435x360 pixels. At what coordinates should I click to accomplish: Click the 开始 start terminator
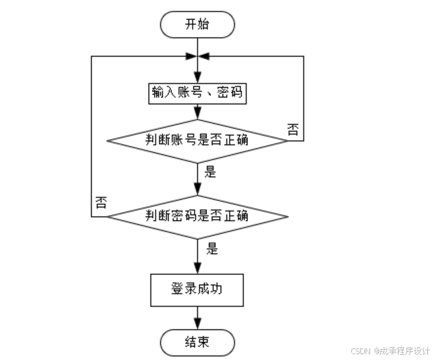point(197,25)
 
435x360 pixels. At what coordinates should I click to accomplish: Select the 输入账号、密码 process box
point(197,93)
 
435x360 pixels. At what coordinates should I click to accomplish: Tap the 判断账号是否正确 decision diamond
point(197,139)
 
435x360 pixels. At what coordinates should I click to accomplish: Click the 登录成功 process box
point(197,289)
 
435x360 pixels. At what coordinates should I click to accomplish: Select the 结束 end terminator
point(197,342)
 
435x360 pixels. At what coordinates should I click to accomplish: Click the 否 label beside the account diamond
point(293,128)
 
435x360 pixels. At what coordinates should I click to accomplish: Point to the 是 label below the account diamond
point(210,173)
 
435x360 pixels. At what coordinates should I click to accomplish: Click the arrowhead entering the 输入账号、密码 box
point(197,78)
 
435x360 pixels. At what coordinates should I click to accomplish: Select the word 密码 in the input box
point(229,93)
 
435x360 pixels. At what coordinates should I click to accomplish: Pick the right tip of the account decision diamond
point(286,139)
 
